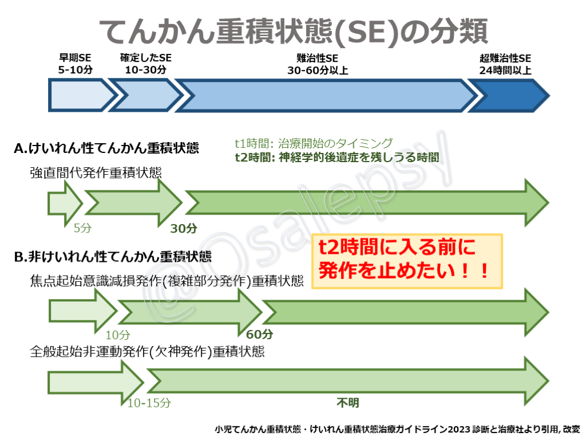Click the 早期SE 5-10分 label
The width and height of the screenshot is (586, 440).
click(x=75, y=64)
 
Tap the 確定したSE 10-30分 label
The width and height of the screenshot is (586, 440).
click(x=145, y=64)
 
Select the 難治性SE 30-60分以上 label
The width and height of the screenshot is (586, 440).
click(x=318, y=64)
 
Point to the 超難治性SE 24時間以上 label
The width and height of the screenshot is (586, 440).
click(x=505, y=64)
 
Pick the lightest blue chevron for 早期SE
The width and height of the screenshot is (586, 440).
click(x=80, y=96)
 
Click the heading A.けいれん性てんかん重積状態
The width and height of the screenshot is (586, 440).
click(x=106, y=148)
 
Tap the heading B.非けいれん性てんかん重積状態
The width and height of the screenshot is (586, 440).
click(x=112, y=256)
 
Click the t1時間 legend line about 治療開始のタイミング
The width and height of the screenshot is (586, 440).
click(x=314, y=143)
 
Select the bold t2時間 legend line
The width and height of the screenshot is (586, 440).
click(x=337, y=157)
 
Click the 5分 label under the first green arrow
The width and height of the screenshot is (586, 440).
click(x=82, y=228)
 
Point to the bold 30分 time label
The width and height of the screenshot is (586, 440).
click(x=184, y=229)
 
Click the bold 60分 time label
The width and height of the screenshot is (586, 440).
click(x=259, y=335)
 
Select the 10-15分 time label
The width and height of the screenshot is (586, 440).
click(x=149, y=403)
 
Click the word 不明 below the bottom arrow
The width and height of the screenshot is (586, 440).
click(x=347, y=403)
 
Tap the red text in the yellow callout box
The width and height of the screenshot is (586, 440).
click(x=406, y=260)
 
